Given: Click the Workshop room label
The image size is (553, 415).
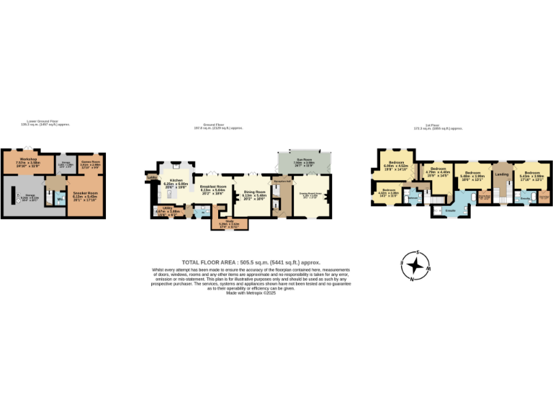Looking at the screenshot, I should [28, 159].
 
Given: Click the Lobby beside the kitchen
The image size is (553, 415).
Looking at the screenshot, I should [152, 177].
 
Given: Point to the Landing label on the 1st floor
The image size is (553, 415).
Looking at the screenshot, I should [501, 174].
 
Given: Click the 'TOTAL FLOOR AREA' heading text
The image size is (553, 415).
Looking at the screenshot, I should [251, 262].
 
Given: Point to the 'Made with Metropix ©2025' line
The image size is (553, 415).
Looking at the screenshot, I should [251, 293].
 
